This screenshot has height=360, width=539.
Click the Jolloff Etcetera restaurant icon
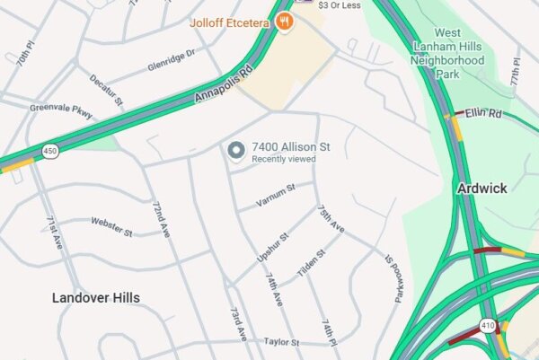pos(285,22)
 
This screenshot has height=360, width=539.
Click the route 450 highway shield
pos(50,152)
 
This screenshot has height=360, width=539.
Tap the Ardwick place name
pos(482,189)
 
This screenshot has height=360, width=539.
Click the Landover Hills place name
pos(95,297)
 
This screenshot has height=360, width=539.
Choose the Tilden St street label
pos(311,260)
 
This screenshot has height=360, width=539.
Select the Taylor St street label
pos(281,342)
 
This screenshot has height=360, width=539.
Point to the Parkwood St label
pos(393,279)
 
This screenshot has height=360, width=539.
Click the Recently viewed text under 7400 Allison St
pos(283,159)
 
